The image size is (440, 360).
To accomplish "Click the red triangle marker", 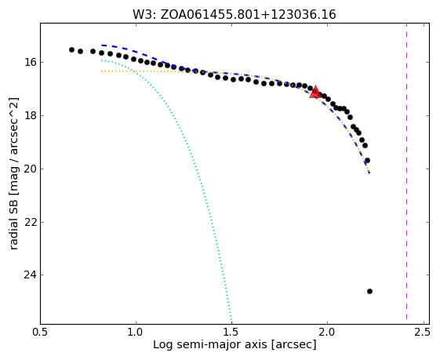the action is click(x=315, y=92).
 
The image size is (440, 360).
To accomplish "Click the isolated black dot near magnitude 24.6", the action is click(x=369, y=291).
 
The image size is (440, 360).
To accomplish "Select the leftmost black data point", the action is click(x=71, y=49).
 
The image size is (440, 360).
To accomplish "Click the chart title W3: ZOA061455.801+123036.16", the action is click(x=235, y=14).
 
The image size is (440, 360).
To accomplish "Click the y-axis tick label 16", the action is click(x=30, y=62).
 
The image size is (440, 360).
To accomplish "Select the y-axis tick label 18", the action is click(x=30, y=115).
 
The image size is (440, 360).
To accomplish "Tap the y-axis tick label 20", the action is click(x=30, y=169).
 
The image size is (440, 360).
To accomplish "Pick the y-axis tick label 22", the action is click(x=30, y=222).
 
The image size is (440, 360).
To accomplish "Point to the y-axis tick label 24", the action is click(x=30, y=275).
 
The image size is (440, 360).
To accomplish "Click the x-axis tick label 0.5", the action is click(x=41, y=333).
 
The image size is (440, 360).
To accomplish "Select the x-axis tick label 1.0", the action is click(x=136, y=333).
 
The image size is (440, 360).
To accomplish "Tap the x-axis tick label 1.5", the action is click(x=232, y=333).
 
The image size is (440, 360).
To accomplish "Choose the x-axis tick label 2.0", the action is click(x=328, y=333).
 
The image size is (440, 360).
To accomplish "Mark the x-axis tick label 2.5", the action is click(x=422, y=333).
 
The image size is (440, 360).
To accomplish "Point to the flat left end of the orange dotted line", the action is click(x=102, y=71).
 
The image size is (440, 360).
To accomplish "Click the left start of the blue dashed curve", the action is click(x=102, y=45).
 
